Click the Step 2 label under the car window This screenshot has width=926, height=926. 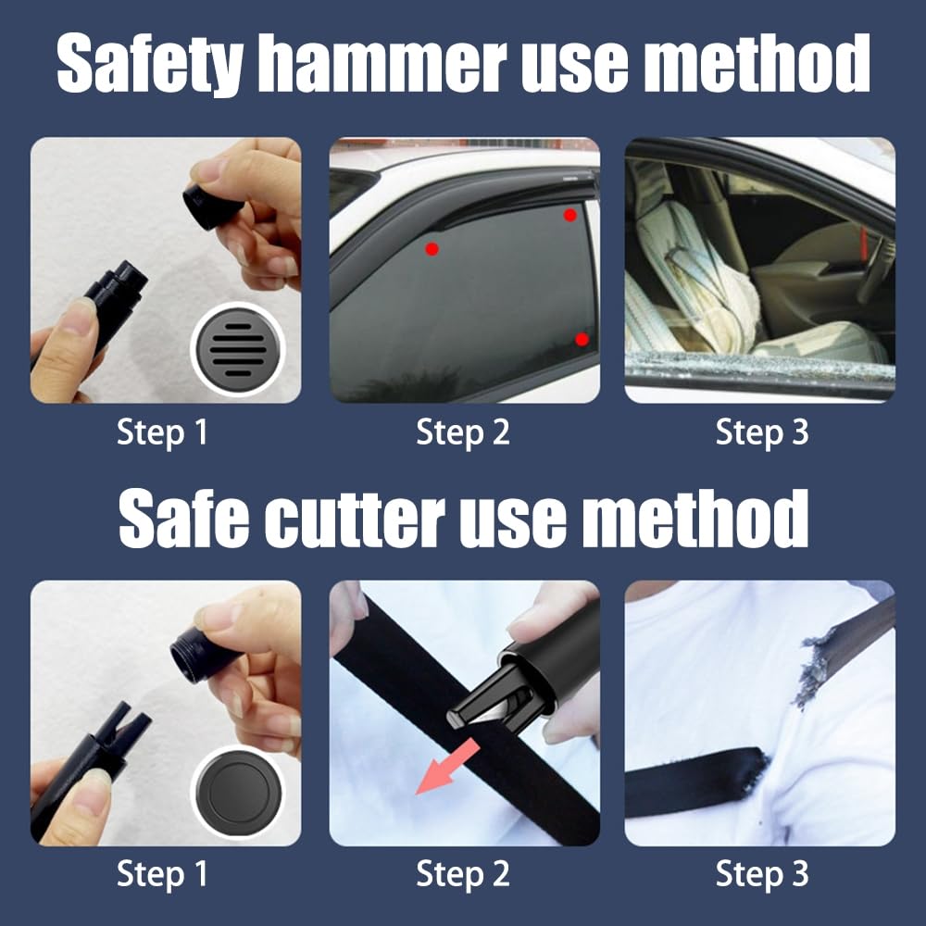[x=463, y=432]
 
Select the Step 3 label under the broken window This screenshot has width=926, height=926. [x=762, y=432]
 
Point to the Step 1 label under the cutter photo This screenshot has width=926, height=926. [x=163, y=873]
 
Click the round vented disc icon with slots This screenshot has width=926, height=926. [x=237, y=349]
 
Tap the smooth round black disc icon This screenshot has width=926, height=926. [x=237, y=795]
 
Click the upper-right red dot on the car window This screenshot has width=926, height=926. [x=569, y=215]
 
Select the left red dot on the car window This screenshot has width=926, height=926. [x=432, y=248]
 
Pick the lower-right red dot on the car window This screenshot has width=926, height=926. [x=582, y=339]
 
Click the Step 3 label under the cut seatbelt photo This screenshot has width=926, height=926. [x=762, y=873]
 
